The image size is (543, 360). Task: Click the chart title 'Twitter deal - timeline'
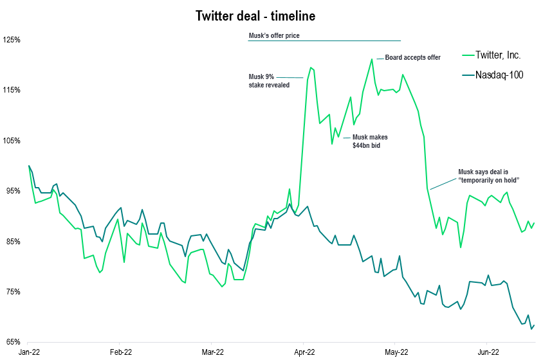pos(255,16)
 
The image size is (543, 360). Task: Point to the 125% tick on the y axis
pos(12,40)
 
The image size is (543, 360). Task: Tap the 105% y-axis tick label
pos(12,141)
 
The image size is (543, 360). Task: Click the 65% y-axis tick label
pos(12,342)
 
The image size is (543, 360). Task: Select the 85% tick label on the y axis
pos(12,242)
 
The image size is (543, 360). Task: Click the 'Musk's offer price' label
pos(274,36)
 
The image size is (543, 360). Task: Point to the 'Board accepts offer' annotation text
pos(412,58)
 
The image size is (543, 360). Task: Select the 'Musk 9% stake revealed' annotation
pos(269,80)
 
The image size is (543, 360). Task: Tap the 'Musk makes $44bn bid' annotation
pos(370,141)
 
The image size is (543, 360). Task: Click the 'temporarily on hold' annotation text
pos(488,176)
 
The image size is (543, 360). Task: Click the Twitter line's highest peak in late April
pos(372,59)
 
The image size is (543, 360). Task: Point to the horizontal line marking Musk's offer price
pos(324,41)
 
